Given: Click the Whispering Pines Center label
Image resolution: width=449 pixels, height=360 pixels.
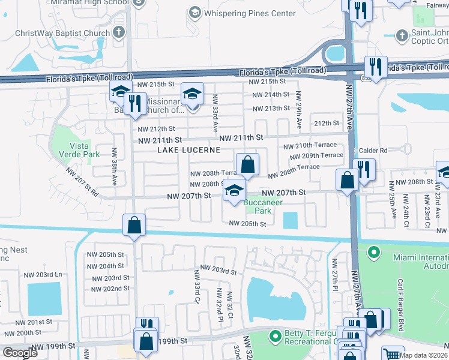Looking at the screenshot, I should coord(250,13).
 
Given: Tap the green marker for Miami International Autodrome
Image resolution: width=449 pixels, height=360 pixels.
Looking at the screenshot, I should coord(374,252).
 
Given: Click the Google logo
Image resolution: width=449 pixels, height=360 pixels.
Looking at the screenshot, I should coord(20,353).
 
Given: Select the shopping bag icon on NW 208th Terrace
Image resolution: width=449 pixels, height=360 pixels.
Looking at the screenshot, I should coord(247,164).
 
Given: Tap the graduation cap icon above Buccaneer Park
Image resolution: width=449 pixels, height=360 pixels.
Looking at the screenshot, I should coord(234,191).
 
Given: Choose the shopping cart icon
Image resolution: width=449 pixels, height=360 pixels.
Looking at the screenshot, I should coord(393,354).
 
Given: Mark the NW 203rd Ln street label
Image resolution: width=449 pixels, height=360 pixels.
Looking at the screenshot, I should coord(43,274).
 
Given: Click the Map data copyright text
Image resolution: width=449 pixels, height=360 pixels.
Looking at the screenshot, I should coord(422,355).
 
